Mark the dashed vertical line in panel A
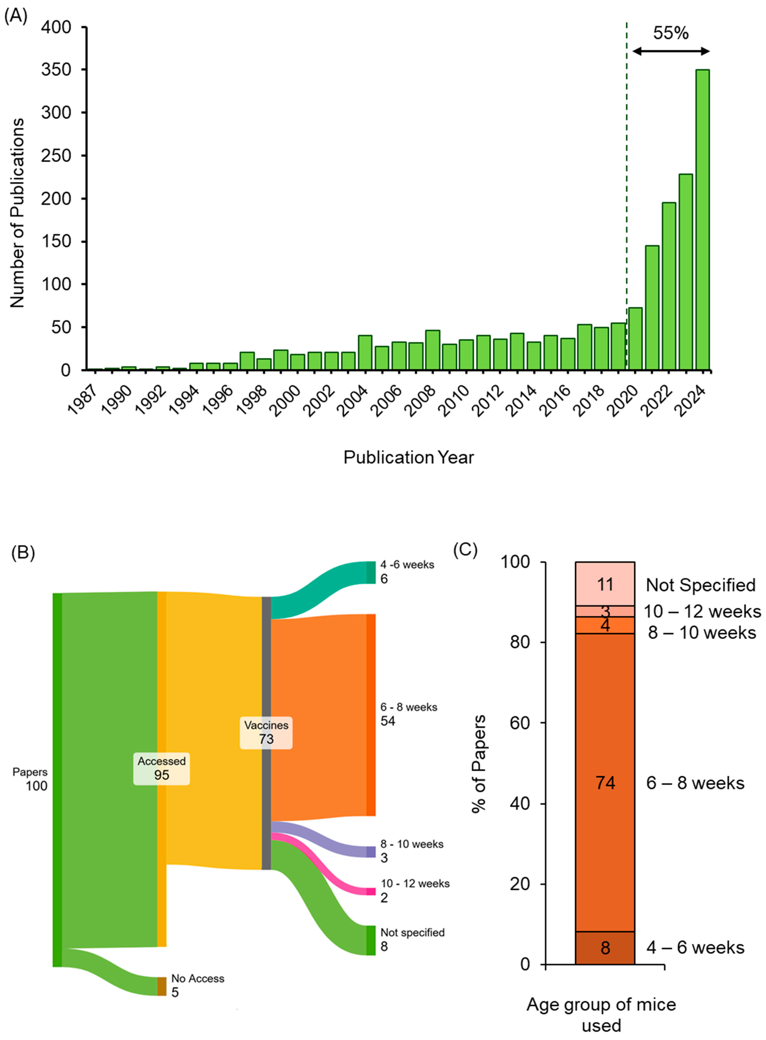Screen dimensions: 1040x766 click(626, 185)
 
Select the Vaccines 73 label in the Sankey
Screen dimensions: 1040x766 click(266, 732)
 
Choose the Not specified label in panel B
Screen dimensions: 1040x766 click(412, 933)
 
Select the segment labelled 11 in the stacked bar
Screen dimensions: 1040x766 click(605, 584)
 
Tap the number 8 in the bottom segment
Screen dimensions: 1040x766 click(605, 948)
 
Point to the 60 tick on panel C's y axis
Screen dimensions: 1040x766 click(519, 723)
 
